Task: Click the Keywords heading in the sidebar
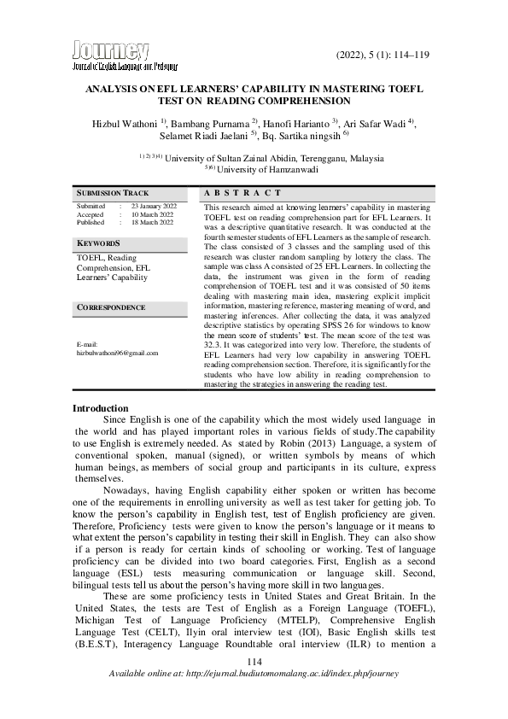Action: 98,243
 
